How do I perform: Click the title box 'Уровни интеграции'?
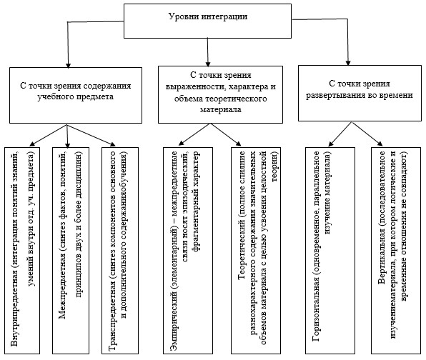(x=207, y=21)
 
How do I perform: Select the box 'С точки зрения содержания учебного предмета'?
(x=76, y=95)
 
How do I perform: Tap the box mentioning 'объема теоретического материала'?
(x=220, y=94)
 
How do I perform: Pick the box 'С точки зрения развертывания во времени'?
(x=360, y=93)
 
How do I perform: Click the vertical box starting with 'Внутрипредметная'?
(x=22, y=251)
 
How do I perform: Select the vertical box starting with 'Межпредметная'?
(x=71, y=251)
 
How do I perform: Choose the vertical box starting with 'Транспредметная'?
(x=120, y=251)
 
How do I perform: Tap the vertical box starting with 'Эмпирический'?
(x=188, y=251)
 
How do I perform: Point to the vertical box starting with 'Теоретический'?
(x=256, y=251)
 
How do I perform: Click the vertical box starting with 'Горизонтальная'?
(x=330, y=251)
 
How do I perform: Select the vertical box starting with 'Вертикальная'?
(x=396, y=251)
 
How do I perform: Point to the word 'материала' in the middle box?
(x=221, y=109)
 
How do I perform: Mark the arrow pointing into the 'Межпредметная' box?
(x=67, y=136)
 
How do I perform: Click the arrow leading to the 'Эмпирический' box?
(x=194, y=134)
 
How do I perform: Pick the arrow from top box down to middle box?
(x=208, y=52)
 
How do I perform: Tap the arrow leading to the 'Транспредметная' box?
(x=91, y=135)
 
